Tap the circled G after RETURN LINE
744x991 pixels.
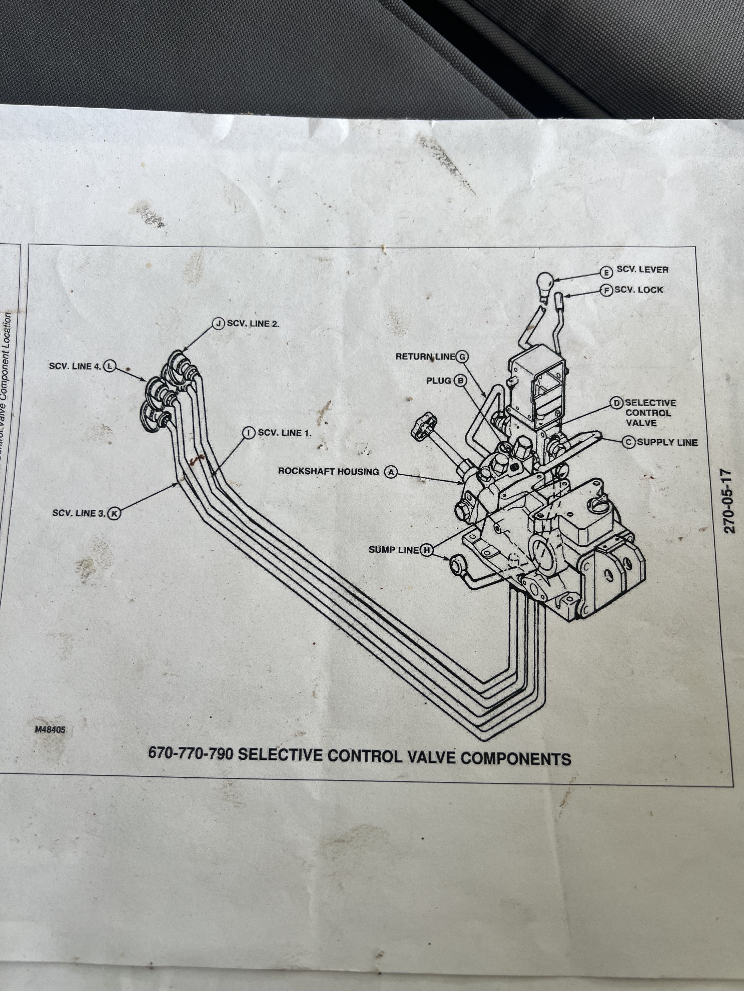click(x=462, y=357)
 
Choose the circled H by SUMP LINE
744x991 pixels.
click(x=426, y=550)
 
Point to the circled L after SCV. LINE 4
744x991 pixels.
click(x=109, y=366)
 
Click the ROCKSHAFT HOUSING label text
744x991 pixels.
click(x=328, y=471)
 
